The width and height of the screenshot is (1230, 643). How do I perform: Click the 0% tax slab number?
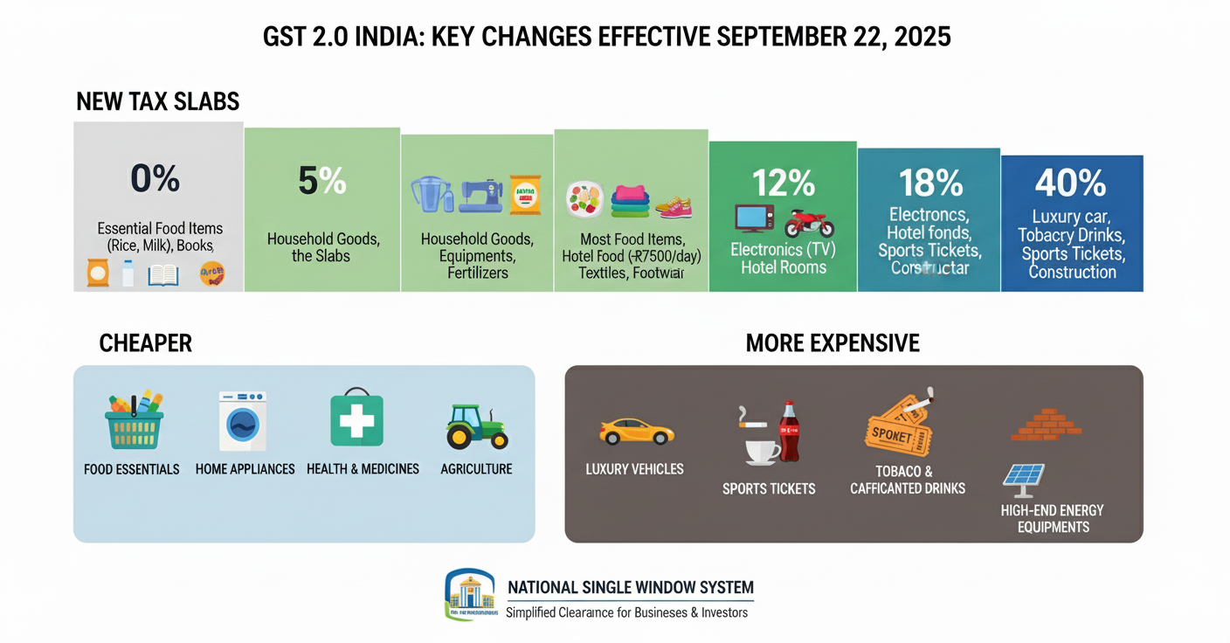(x=155, y=178)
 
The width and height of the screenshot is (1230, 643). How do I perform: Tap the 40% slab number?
(x=1071, y=183)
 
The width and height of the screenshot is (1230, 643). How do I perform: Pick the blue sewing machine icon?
(x=481, y=195)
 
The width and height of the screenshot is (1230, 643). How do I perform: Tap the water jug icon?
(x=430, y=195)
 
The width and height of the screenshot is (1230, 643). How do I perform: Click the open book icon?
(x=163, y=275)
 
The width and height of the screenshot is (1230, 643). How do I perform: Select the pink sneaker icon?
(x=674, y=207)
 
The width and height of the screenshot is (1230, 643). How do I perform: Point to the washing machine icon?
(x=242, y=421)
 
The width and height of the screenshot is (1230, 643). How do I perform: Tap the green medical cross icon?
(x=356, y=419)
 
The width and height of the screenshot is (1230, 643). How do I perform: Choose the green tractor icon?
(x=476, y=426)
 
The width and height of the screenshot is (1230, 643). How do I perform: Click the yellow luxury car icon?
(x=637, y=432)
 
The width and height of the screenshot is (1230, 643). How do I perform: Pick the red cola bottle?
(x=789, y=432)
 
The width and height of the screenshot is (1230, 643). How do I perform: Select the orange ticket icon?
(x=898, y=428)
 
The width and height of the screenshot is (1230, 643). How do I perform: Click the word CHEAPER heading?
(x=146, y=343)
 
